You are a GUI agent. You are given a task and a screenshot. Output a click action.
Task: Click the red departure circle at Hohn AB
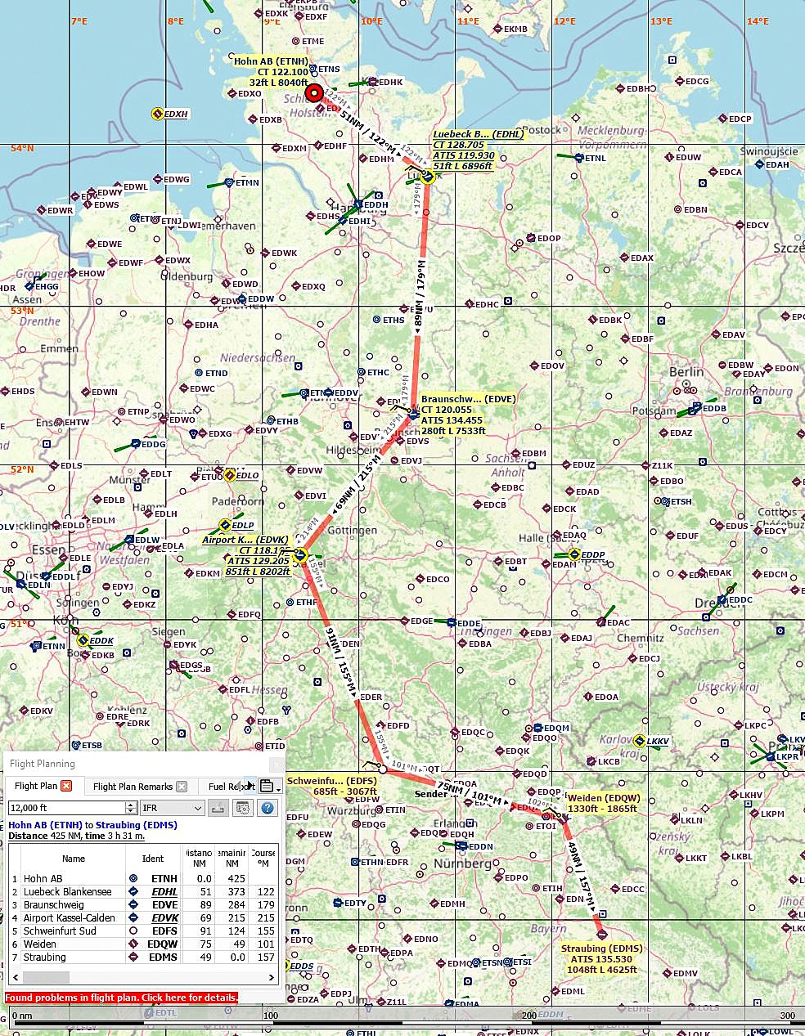tap(314, 92)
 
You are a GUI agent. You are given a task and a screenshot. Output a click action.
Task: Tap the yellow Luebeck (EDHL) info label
tap(464, 150)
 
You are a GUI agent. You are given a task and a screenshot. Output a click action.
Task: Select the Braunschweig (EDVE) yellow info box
tap(468, 415)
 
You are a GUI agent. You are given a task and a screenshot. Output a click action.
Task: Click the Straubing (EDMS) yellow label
tap(600, 959)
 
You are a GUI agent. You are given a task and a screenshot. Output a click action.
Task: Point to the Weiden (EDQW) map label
tap(604, 803)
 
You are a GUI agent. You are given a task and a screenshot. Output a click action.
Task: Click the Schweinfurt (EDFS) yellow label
tap(331, 786)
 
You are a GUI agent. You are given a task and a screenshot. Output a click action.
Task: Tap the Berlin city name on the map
tap(686, 371)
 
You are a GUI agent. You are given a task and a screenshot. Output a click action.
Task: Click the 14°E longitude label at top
tap(757, 21)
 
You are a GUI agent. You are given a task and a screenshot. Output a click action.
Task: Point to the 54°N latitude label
tap(22, 148)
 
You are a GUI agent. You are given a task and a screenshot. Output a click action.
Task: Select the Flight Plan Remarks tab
tap(133, 787)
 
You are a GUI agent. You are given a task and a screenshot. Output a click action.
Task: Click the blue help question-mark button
tap(267, 808)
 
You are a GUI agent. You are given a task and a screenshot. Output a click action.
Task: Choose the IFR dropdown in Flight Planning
tap(172, 808)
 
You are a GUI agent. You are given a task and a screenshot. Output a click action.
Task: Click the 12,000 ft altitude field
tap(67, 808)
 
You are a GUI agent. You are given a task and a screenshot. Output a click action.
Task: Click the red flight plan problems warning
tap(121, 998)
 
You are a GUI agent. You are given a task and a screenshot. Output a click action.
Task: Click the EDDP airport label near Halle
tap(592, 554)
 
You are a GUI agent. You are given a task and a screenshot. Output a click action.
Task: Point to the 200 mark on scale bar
tap(529, 1016)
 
